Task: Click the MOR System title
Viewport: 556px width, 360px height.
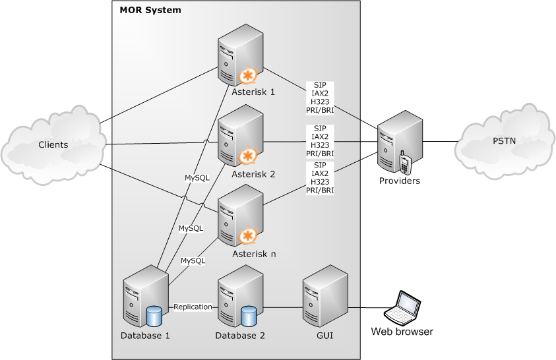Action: pyautogui.click(x=150, y=11)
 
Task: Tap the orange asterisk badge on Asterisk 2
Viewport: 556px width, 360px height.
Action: pyautogui.click(x=247, y=157)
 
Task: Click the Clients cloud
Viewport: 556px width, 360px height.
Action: pyautogui.click(x=53, y=144)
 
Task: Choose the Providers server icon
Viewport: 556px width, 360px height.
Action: pyautogui.click(x=399, y=142)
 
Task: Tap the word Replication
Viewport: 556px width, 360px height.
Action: pyautogui.click(x=193, y=307)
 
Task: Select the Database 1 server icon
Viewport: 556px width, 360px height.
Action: pyautogui.click(x=145, y=297)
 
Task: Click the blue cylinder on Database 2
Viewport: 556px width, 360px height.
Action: pyautogui.click(x=249, y=315)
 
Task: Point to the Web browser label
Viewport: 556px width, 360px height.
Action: pyautogui.click(x=402, y=332)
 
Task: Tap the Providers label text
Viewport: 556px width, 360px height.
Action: pyautogui.click(x=399, y=181)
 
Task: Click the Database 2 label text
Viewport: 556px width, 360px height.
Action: pyautogui.click(x=240, y=336)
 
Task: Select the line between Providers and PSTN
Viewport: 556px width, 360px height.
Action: pyautogui.click(x=440, y=141)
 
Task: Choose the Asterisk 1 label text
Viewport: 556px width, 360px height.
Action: pyautogui.click(x=254, y=92)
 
